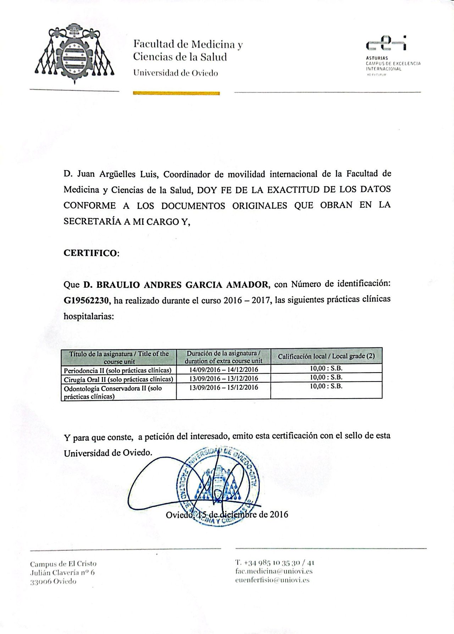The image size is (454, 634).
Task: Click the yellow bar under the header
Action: click(x=176, y=93)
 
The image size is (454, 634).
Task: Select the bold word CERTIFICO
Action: click(x=91, y=253)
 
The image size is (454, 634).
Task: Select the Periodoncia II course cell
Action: click(x=118, y=370)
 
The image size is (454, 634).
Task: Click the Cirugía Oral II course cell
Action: click(x=118, y=378)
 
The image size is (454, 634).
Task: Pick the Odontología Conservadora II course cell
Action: click(x=118, y=392)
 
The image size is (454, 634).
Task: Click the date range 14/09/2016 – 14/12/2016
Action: click(x=223, y=370)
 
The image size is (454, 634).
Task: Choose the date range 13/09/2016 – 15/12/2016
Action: click(x=223, y=387)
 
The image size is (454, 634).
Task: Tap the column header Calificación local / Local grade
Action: click(x=326, y=356)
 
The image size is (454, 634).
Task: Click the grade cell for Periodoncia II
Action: click(x=326, y=369)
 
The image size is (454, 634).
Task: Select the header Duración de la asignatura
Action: click(x=223, y=353)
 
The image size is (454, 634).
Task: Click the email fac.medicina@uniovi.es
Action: click(x=273, y=571)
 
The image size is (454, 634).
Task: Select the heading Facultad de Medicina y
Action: click(x=188, y=45)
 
